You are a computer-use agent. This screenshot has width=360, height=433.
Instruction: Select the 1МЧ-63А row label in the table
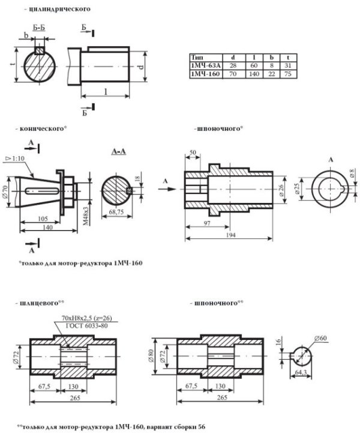(x=205, y=65)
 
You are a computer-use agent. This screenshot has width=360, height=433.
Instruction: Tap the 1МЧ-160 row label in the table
(x=205, y=74)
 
